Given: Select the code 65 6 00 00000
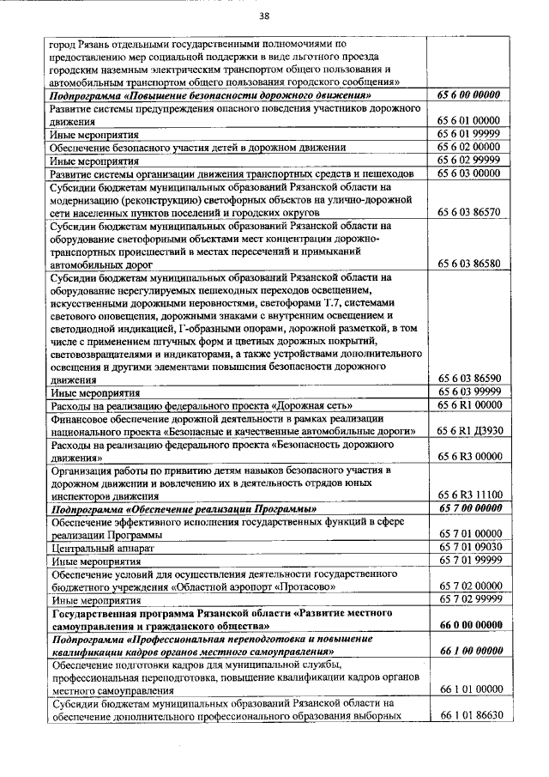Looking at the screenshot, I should pyautogui.click(x=469, y=95).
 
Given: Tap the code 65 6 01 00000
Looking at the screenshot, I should pyautogui.click(x=469, y=121).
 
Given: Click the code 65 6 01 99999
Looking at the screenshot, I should pyautogui.click(x=469, y=134).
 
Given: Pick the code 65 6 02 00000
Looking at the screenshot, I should pyautogui.click(x=469, y=147).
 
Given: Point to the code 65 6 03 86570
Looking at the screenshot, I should pyautogui.click(x=469, y=211).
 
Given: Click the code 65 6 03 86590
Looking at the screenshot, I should pyautogui.click(x=469, y=378).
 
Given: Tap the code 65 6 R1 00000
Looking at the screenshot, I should pyautogui.click(x=469, y=404).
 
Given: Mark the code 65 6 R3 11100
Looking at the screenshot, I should pyautogui.click(x=469, y=495).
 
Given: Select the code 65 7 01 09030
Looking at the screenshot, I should pyautogui.click(x=469, y=546).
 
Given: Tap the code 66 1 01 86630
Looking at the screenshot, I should pyautogui.click(x=469, y=715).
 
